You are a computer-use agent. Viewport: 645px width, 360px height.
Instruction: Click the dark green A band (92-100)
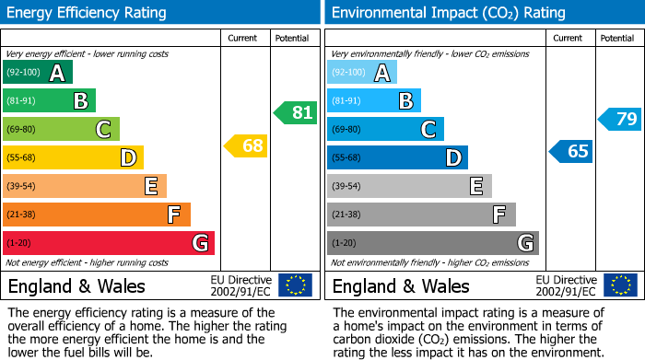(37, 73)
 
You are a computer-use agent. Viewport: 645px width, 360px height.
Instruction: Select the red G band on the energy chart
(108, 243)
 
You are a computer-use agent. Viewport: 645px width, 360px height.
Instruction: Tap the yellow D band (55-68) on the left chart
(73, 158)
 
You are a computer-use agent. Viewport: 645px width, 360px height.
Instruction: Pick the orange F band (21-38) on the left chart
(96, 215)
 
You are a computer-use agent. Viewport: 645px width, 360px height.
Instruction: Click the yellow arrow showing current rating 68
(245, 145)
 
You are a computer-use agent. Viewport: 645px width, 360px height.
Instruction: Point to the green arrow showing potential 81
(295, 113)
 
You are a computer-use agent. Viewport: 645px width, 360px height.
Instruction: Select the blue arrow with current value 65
(570, 151)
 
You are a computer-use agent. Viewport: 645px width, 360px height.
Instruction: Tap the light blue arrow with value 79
(619, 119)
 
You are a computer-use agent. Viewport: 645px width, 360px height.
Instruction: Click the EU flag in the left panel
(295, 285)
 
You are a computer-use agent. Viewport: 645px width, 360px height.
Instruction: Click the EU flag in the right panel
(619, 285)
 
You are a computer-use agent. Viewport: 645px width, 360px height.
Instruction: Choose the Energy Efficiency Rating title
(88, 13)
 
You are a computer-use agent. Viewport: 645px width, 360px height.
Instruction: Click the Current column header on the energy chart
(244, 38)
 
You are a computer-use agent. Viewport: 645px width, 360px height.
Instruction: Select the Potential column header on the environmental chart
(616, 38)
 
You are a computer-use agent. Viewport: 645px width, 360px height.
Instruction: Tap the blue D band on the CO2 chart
(397, 158)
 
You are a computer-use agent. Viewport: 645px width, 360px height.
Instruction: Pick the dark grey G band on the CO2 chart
(432, 243)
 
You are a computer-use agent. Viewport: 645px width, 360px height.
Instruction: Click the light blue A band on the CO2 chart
(361, 73)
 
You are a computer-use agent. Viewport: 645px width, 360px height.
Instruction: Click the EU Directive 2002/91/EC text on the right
(566, 285)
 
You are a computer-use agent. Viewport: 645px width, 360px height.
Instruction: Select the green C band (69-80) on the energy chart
(61, 130)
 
